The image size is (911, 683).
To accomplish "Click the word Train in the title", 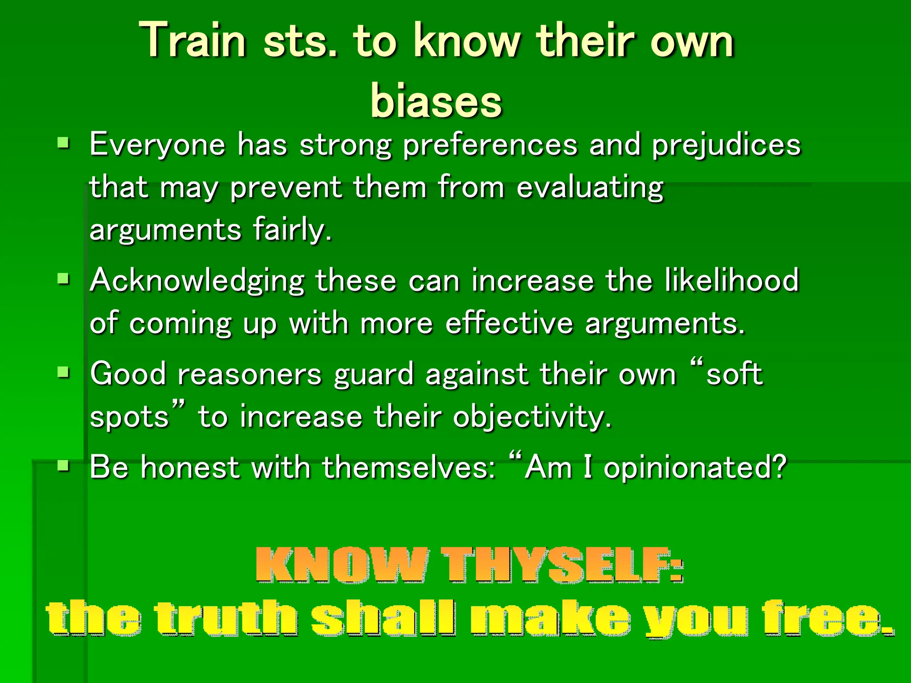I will pyautogui.click(x=193, y=41).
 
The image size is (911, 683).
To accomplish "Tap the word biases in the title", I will pyautogui.click(x=436, y=101).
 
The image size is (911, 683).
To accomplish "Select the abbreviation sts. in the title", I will pyautogui.click(x=301, y=41).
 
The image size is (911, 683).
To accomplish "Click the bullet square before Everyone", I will pyautogui.click(x=64, y=143).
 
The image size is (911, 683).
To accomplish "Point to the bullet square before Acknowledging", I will pyautogui.click(x=64, y=279).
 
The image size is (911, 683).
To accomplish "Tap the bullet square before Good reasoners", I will pyautogui.click(x=64, y=372).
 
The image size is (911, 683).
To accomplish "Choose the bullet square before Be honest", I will pyautogui.click(x=64, y=466).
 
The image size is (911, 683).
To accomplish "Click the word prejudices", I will pyautogui.click(x=726, y=145).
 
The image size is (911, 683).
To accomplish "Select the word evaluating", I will pyautogui.click(x=589, y=188).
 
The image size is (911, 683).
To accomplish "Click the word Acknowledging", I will pyautogui.click(x=197, y=281).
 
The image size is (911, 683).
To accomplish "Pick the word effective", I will pyautogui.click(x=509, y=323).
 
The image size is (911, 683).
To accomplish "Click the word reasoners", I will pyautogui.click(x=249, y=374).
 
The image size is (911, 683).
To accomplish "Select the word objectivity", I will pyautogui.click(x=532, y=418).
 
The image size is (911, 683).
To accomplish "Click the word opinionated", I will pyautogui.click(x=695, y=468).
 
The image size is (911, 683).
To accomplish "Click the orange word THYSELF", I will pyautogui.click(x=562, y=565).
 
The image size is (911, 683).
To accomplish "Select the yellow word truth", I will pyautogui.click(x=226, y=618).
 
